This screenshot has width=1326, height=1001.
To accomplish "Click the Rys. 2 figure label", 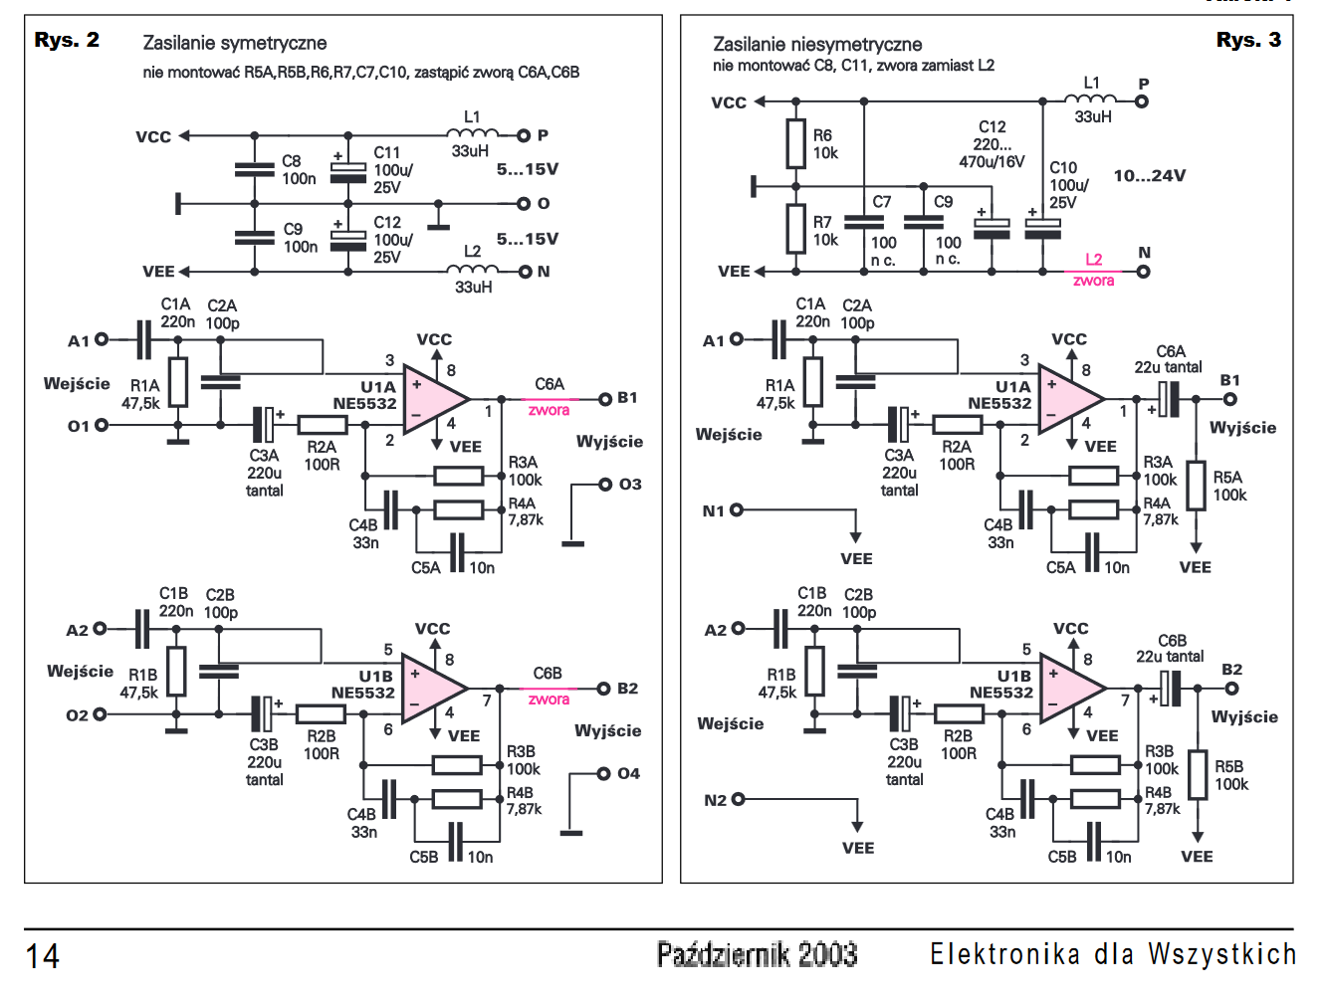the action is [x=67, y=40].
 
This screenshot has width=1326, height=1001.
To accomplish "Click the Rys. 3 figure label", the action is [x=1248, y=40].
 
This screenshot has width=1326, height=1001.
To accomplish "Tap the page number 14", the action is [x=42, y=956].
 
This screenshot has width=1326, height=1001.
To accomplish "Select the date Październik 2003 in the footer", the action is [x=757, y=954].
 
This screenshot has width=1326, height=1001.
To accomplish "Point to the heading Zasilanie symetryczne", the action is [x=234, y=44].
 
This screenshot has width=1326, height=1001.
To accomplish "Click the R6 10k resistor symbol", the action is [x=795, y=143].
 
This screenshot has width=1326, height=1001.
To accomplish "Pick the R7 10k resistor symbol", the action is [x=795, y=229].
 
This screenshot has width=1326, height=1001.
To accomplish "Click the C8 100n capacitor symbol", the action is [x=254, y=169].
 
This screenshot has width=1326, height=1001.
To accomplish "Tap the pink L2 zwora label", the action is [x=1093, y=271].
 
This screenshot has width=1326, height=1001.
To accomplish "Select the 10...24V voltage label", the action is [x=1150, y=176].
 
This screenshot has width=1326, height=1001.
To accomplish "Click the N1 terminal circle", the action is [x=737, y=510].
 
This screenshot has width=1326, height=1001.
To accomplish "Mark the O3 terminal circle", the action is [x=604, y=485].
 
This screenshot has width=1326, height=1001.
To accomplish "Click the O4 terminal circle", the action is [x=603, y=773].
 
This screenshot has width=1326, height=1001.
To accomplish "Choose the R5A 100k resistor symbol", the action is [x=1197, y=486].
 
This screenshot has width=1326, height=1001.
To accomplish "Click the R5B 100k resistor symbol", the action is [x=1198, y=774].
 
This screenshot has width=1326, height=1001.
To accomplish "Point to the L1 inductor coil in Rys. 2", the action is [x=473, y=133].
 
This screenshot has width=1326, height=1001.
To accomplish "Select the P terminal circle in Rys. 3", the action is [x=1141, y=102].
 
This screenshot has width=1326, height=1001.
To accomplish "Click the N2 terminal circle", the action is [x=739, y=799].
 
